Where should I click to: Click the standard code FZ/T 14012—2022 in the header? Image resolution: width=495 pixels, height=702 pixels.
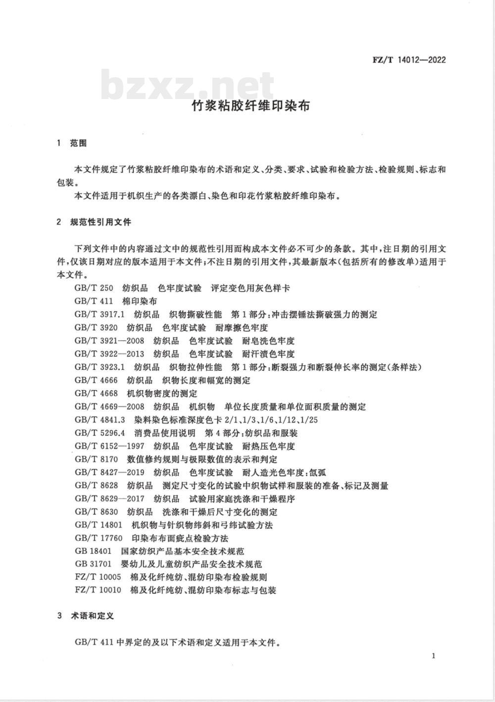[408, 60]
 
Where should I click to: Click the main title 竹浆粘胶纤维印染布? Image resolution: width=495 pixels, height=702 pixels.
[250, 105]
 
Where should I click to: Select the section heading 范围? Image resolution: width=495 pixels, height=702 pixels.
[78, 143]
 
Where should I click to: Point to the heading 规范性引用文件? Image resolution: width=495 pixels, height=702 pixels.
[101, 222]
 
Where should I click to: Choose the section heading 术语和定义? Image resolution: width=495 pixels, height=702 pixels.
[92, 616]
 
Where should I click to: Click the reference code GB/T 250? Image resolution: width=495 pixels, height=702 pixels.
[94, 288]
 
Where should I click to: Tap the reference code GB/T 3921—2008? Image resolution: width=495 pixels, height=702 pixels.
[109, 341]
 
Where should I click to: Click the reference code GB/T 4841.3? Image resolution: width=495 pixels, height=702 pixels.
[101, 420]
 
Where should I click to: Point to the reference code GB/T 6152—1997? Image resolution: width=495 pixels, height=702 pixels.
[109, 446]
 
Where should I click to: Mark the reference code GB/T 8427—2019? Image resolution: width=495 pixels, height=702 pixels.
[109, 472]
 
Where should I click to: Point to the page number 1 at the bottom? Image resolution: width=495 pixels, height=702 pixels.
[434, 656]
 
